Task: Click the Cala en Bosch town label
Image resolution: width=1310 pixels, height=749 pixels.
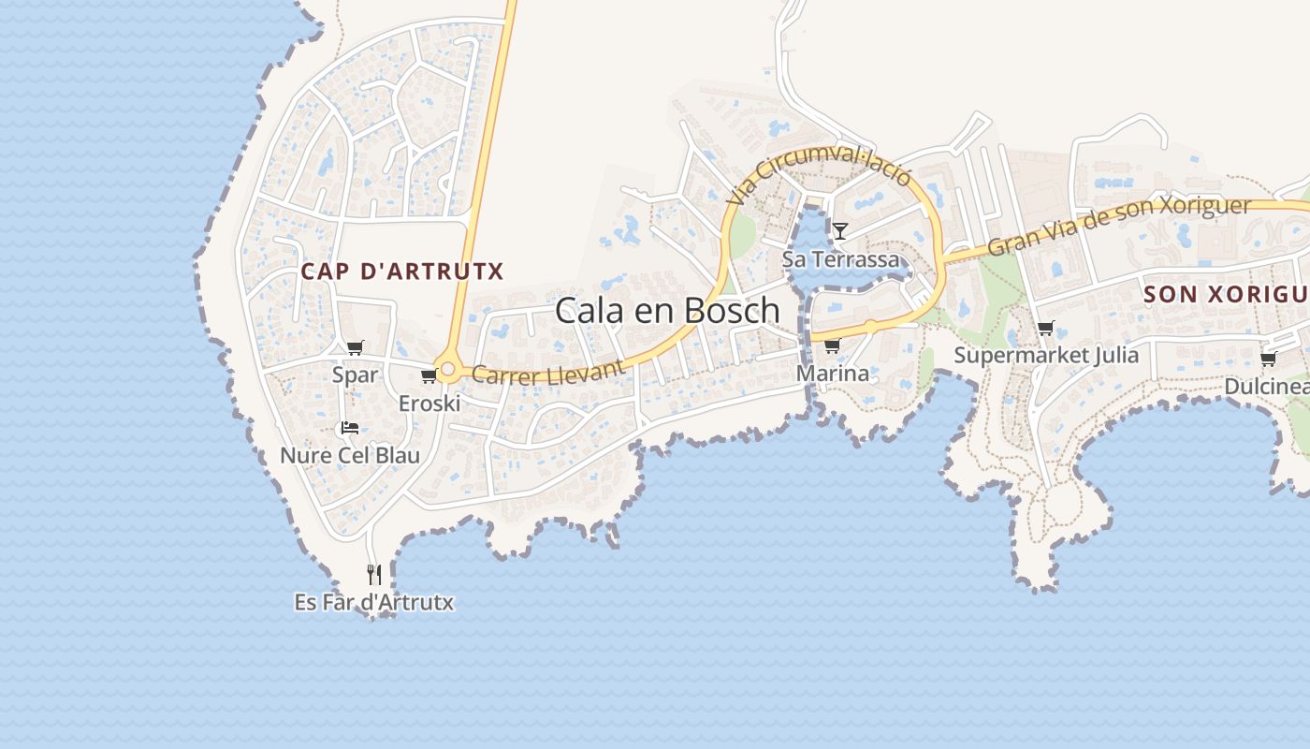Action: [x=667, y=310]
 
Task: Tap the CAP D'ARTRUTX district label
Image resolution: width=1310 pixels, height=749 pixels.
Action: [x=402, y=272]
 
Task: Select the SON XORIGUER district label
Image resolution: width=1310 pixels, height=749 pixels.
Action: [x=1226, y=294]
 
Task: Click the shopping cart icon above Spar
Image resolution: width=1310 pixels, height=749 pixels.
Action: [x=355, y=348]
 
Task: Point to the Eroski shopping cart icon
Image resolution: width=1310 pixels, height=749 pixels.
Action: [x=429, y=376]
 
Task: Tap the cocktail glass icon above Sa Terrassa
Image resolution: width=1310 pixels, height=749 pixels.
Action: [x=840, y=230]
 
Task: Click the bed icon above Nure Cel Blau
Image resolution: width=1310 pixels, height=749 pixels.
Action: [x=350, y=428]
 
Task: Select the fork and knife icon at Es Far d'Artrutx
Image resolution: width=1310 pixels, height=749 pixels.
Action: [x=374, y=574]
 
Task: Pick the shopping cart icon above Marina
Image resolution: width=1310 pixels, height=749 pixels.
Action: [x=832, y=346]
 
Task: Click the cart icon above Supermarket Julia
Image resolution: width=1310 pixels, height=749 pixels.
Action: [x=1045, y=329]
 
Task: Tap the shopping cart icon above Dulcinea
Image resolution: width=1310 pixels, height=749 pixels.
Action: [x=1268, y=359]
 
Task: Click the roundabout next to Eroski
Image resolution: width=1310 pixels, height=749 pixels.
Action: [x=448, y=370]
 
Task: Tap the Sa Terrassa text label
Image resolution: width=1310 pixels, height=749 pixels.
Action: [x=840, y=258]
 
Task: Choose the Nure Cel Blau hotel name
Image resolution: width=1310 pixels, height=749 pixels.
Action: [x=350, y=456]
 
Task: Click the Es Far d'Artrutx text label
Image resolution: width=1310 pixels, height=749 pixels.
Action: [x=374, y=602]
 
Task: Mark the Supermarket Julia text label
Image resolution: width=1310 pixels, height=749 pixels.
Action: [x=1046, y=355]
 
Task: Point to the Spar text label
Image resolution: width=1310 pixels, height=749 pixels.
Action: [x=356, y=374]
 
